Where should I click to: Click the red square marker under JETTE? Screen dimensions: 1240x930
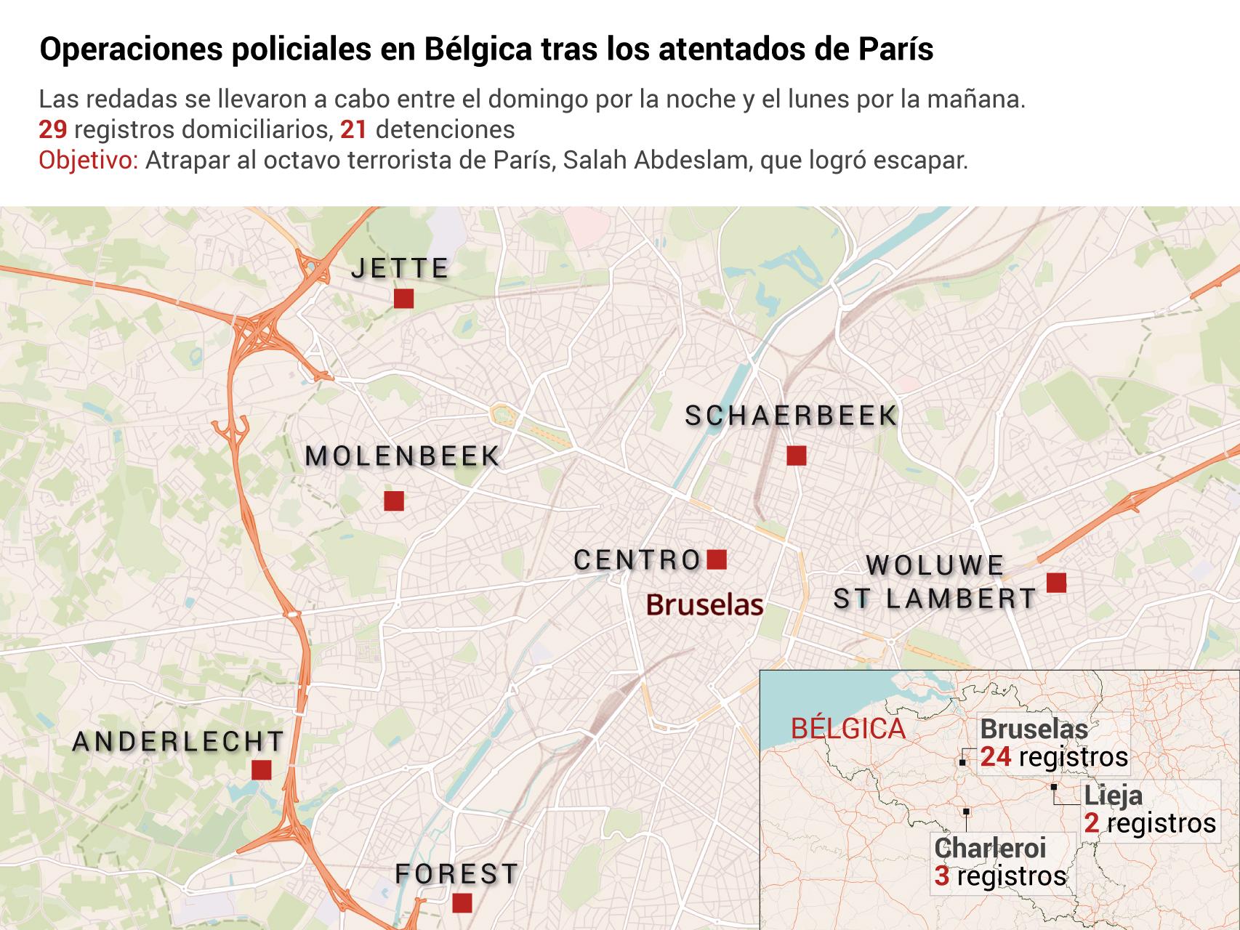(403, 299)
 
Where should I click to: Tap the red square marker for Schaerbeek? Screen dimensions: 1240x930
(797, 456)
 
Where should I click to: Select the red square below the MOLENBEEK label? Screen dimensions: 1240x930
(394, 501)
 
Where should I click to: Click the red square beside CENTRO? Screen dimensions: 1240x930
(717, 559)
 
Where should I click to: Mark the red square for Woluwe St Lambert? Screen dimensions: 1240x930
(1056, 582)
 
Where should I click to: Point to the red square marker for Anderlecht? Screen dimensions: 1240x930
(261, 769)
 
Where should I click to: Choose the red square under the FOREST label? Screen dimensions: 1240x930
(462, 903)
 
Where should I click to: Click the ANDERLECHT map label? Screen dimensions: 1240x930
(179, 742)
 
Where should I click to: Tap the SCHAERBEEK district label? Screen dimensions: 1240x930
(792, 416)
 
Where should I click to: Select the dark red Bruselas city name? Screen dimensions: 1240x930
(704, 604)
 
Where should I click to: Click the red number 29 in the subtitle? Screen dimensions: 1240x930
(53, 129)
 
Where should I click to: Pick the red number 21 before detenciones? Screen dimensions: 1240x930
(354, 129)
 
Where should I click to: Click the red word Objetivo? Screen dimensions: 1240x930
(88, 160)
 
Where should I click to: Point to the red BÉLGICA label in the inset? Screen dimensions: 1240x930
(848, 728)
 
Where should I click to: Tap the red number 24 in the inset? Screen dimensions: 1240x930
(996, 757)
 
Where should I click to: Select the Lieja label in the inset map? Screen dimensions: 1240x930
(1113, 796)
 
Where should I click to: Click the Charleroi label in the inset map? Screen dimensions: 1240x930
(989, 848)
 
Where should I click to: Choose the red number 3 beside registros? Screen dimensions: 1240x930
(942, 876)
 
